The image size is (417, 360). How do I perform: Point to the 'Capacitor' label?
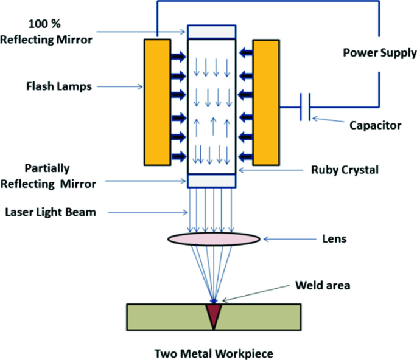click(375, 126)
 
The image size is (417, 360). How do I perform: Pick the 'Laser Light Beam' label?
click(51, 212)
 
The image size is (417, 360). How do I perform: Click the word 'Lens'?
click(334, 239)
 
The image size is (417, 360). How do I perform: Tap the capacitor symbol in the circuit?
click(306, 108)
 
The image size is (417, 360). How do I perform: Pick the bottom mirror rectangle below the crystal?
click(212, 181)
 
